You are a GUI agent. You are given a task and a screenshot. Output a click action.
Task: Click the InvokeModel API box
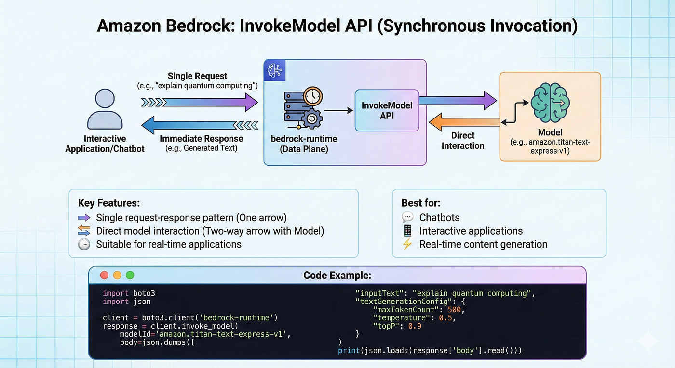click(387, 110)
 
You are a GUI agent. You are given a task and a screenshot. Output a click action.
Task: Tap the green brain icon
click(550, 103)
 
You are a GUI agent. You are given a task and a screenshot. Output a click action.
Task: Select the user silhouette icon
click(105, 109)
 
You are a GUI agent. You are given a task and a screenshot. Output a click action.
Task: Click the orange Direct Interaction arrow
click(464, 122)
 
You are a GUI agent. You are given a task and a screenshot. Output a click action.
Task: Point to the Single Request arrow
click(200, 103)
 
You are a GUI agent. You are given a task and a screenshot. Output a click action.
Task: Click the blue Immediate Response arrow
click(200, 125)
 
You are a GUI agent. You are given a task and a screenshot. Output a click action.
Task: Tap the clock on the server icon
click(313, 96)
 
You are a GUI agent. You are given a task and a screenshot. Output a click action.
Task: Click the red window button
click(104, 275)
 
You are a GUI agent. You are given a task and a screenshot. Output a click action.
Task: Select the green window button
click(130, 275)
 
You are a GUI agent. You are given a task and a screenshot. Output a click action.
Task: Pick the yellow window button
click(117, 275)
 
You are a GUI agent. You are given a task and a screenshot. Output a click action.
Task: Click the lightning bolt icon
click(407, 244)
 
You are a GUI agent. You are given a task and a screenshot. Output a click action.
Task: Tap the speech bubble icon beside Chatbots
click(407, 217)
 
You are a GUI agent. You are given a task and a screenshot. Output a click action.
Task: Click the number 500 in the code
click(454, 310)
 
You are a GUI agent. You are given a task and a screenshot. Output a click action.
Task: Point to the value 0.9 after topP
click(415, 326)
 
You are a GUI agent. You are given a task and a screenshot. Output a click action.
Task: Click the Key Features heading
click(109, 203)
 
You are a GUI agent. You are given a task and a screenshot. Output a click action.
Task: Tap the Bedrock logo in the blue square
click(274, 70)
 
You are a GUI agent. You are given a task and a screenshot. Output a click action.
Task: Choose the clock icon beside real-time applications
click(84, 244)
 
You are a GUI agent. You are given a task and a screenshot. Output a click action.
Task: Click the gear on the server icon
click(312, 118)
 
